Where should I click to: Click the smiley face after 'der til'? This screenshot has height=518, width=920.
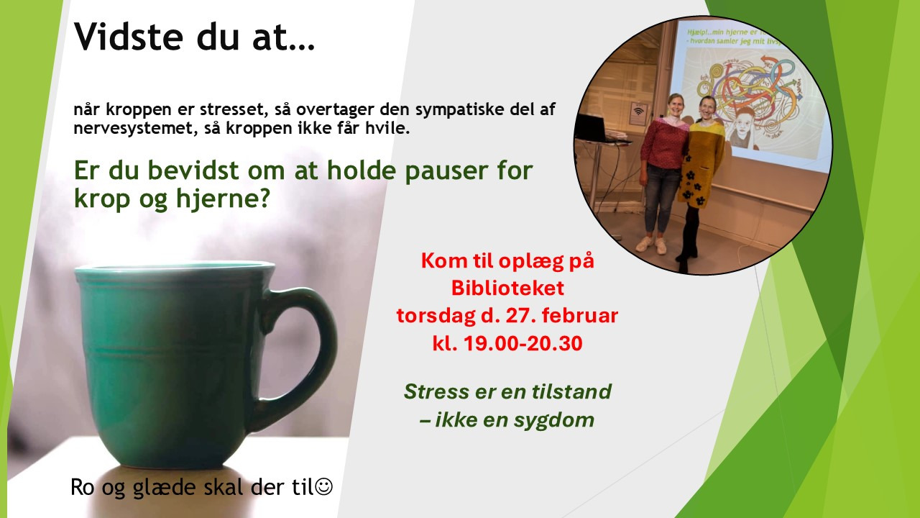tap(324, 487)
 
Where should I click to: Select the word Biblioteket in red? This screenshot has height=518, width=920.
tap(507, 288)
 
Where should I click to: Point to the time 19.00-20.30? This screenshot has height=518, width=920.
tap(528, 344)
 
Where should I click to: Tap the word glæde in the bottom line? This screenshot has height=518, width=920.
tap(151, 487)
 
